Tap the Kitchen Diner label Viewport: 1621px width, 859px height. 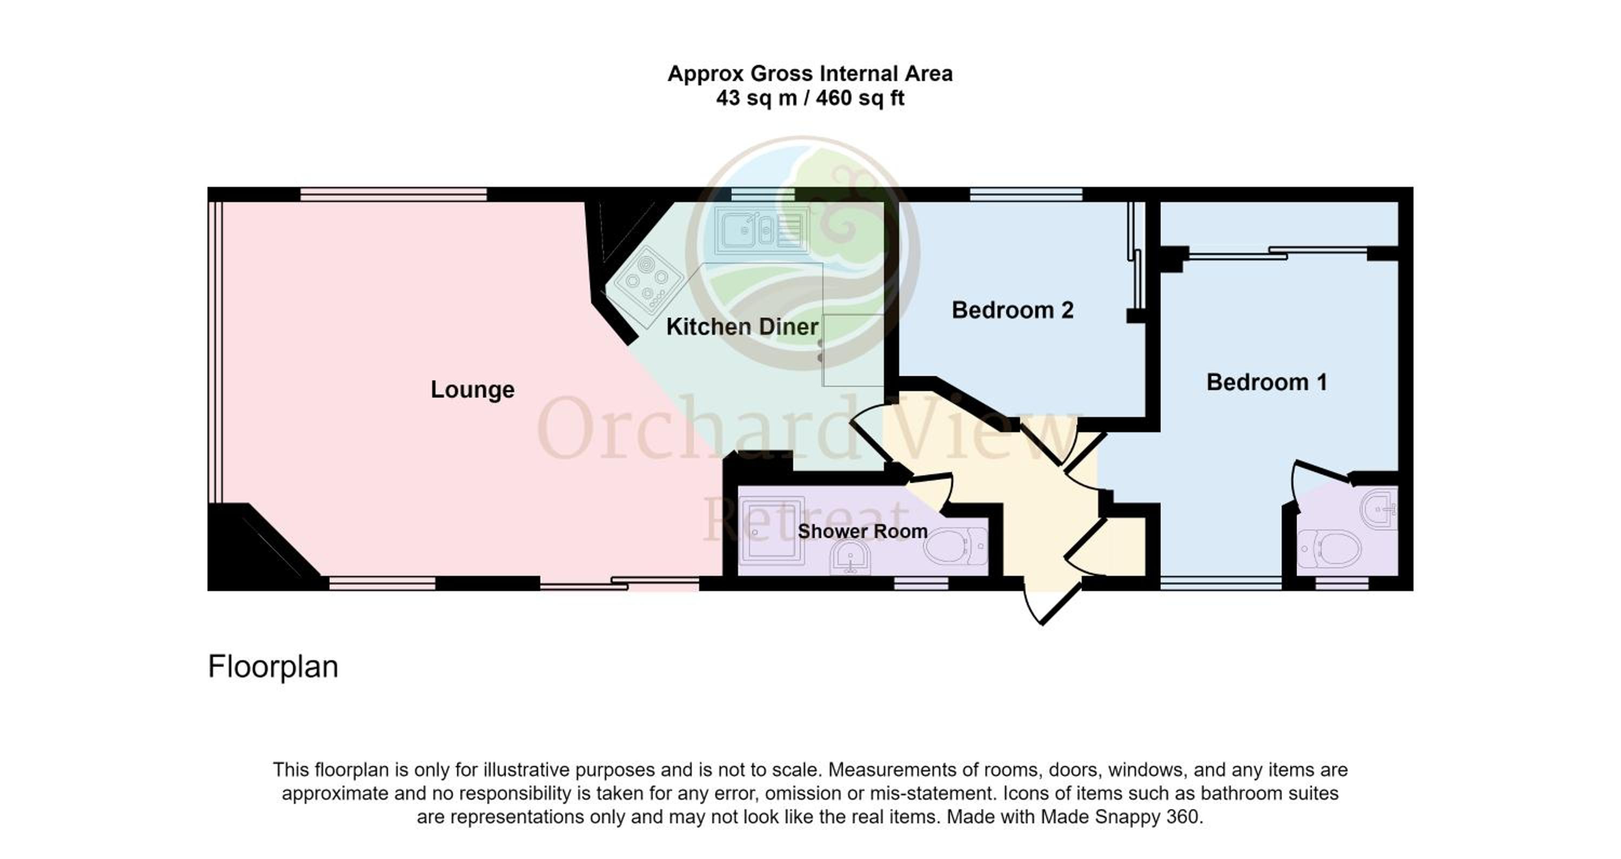pos(742,327)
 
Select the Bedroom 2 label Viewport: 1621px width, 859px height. pos(1013,310)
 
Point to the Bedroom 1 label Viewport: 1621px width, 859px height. pos(1267,382)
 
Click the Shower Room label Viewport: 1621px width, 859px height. pos(863,531)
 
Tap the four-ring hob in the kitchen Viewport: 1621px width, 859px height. pos(648,281)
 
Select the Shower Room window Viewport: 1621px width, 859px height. pos(921,585)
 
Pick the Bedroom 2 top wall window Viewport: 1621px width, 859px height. pos(1026,194)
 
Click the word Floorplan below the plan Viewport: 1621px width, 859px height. pos(273,667)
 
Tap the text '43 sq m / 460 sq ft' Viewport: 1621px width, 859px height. pos(810,99)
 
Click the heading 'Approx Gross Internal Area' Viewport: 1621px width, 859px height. pos(810,74)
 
